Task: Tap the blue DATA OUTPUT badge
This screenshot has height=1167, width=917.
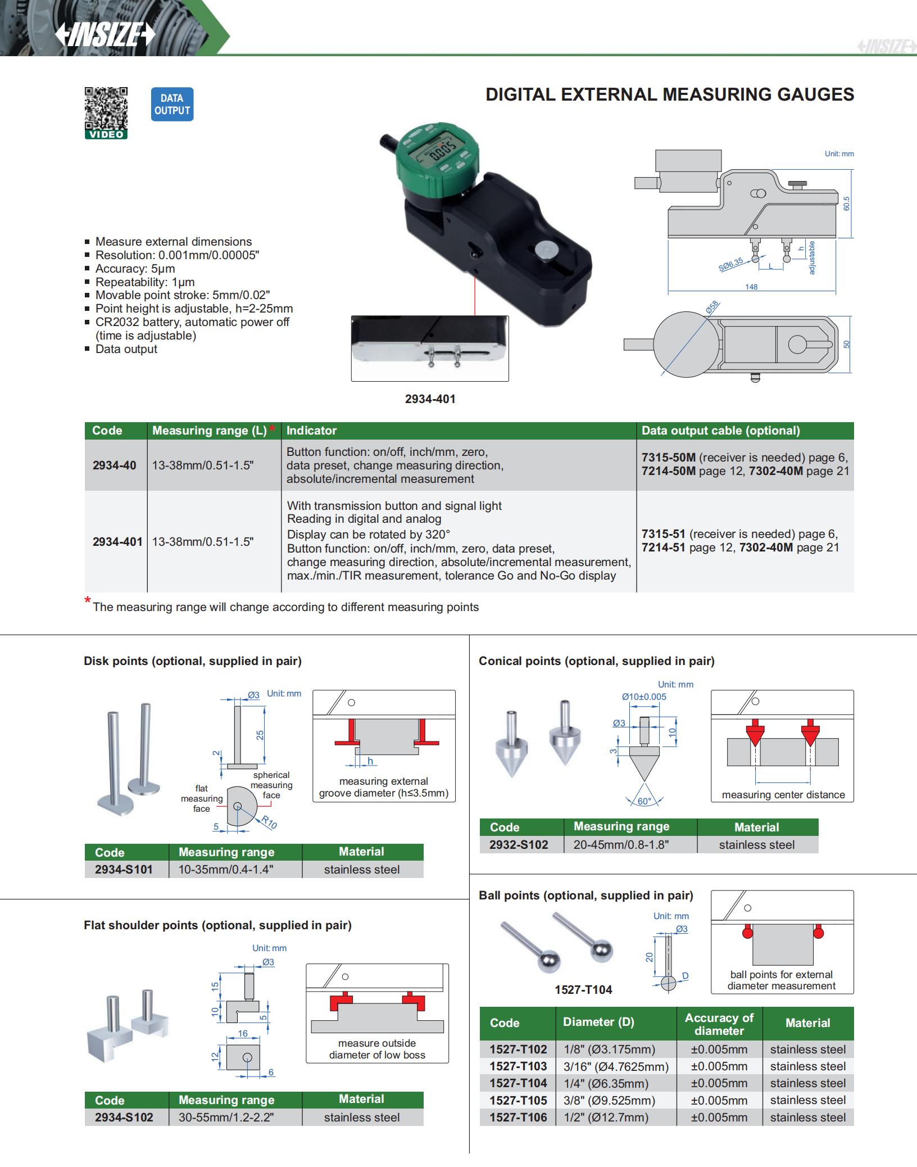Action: [x=172, y=105]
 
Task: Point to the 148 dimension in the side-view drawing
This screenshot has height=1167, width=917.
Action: [x=751, y=287]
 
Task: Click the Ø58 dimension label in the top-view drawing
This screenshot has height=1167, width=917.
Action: [x=712, y=307]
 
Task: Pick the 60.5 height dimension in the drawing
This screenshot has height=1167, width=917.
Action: [x=847, y=203]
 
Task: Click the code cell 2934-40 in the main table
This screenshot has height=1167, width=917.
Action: [x=114, y=465]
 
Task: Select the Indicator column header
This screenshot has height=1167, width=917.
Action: [x=311, y=431]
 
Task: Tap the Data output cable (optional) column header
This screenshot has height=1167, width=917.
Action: [x=720, y=431]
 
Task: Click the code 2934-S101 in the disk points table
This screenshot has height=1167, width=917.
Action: [x=124, y=869]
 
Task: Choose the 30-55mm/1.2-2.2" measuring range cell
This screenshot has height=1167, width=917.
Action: [x=226, y=1117]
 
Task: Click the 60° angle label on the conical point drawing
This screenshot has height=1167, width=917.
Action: [x=644, y=801]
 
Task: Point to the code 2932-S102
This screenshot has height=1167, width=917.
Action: [x=518, y=844]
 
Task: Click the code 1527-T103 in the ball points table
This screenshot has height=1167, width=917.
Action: [x=517, y=1066]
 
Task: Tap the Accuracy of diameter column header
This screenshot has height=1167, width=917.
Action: [x=719, y=1024]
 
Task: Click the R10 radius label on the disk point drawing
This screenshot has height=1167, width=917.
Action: [x=269, y=822]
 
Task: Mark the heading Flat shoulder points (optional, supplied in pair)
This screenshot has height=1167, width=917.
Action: [x=217, y=925]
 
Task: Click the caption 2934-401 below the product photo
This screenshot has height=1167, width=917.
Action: [x=430, y=399]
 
